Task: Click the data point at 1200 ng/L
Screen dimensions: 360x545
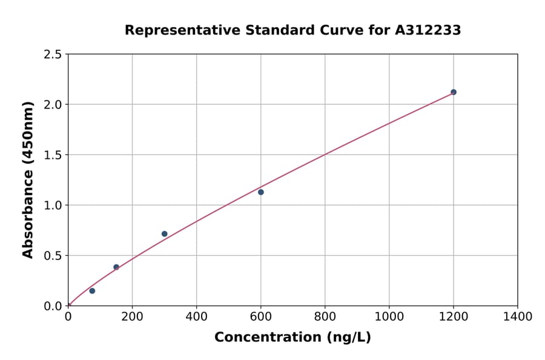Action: [454, 92]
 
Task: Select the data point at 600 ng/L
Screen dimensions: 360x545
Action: [261, 192]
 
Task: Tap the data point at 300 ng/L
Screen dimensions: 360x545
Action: [165, 234]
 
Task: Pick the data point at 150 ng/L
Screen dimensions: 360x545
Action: [116, 267]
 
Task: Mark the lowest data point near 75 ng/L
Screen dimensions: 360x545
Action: [92, 291]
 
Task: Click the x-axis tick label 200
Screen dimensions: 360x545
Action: [132, 316]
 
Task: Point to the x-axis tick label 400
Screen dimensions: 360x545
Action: [196, 316]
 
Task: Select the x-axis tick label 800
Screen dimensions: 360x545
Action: [325, 316]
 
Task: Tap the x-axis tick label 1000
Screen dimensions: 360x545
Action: [389, 316]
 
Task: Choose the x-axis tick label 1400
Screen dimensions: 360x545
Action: [517, 316]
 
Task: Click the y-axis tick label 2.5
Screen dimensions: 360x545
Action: [53, 55]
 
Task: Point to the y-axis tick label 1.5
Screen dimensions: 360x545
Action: [53, 155]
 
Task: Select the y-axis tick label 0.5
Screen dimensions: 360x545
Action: [53, 256]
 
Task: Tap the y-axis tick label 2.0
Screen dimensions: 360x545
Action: [53, 105]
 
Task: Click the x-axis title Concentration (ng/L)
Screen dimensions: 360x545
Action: [292, 337]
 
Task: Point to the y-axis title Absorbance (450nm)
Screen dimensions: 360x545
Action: [28, 180]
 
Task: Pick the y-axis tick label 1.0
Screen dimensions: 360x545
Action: [53, 205]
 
